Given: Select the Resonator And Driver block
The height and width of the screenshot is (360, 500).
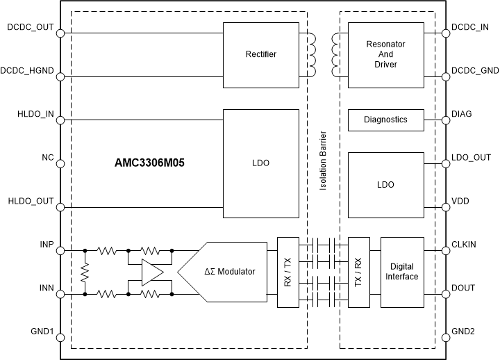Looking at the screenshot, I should click(x=385, y=54).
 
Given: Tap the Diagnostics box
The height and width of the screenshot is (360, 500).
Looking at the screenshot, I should click(x=385, y=120).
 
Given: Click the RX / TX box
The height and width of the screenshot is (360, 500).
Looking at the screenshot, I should click(x=288, y=272).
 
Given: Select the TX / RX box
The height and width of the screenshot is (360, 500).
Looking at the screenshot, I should click(x=359, y=272).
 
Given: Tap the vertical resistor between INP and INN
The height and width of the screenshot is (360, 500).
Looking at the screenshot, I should click(x=85, y=272).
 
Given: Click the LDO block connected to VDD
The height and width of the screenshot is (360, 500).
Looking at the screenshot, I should click(x=385, y=185).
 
